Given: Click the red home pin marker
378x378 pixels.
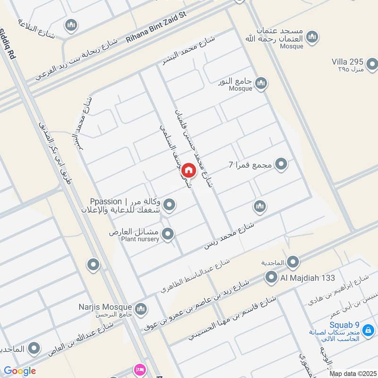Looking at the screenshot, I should coord(188,170).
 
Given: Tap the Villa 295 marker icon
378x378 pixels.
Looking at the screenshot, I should coord(372,63).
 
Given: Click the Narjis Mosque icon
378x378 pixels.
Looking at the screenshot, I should coord(140,309).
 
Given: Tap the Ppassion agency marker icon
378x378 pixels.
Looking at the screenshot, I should coord(170,205).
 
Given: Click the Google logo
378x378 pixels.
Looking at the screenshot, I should coord(19,371).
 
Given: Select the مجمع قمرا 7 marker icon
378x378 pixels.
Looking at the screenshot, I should coord(282,164).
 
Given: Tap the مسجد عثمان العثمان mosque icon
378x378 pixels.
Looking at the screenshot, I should coord(312,36).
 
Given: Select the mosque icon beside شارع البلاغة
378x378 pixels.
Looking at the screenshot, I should coord(71,25).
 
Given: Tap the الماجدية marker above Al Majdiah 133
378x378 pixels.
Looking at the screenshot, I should coord(293,261).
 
